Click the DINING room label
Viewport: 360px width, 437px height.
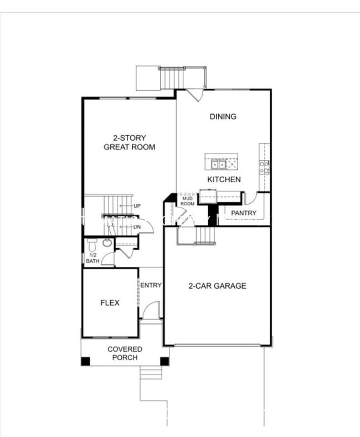[x=223, y=116]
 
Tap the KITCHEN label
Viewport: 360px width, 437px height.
[x=224, y=179]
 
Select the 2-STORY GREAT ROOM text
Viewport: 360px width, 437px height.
[x=129, y=142]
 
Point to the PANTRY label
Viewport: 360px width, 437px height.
[x=244, y=213]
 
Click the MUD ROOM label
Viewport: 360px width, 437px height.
[x=188, y=200]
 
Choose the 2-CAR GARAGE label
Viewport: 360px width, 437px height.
[x=217, y=286]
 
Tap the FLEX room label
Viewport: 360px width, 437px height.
[x=110, y=302]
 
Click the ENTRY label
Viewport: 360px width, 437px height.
[x=151, y=285]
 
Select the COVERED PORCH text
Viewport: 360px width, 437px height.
[x=125, y=353]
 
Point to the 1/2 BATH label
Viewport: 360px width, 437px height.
[x=92, y=258]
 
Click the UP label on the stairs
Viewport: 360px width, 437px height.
[x=137, y=206]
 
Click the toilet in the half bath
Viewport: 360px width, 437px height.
[x=92, y=243]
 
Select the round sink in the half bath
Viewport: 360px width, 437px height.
[x=107, y=243]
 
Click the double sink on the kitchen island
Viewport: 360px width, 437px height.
[x=215, y=163]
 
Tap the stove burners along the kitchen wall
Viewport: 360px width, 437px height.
[x=265, y=167]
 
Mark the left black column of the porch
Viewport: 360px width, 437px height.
[x=85, y=361]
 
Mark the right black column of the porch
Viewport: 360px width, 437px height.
[x=164, y=361]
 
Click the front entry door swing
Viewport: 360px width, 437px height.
[x=151, y=310]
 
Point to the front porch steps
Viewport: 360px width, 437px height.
[x=151, y=372]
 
